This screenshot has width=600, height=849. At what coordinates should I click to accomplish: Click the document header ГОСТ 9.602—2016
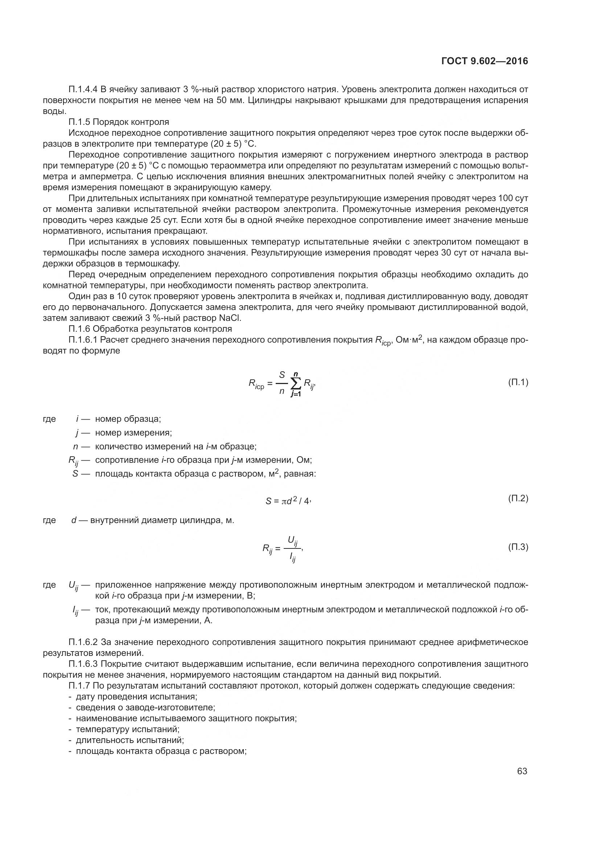[485, 61]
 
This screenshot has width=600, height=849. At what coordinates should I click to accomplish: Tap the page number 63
[522, 771]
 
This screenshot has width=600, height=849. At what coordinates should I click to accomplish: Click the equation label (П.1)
[518, 382]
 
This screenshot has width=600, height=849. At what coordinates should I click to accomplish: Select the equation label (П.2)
[518, 498]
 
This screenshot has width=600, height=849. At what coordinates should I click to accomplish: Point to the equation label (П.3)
[518, 547]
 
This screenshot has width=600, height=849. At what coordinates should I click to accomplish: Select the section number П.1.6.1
[83, 340]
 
